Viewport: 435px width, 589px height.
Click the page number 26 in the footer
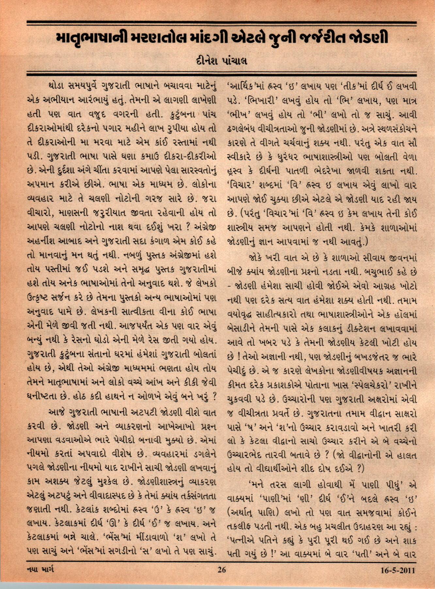221,570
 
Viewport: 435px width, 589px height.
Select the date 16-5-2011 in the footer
397,570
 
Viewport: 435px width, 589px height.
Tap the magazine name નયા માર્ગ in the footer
40,569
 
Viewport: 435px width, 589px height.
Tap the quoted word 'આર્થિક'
244,87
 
